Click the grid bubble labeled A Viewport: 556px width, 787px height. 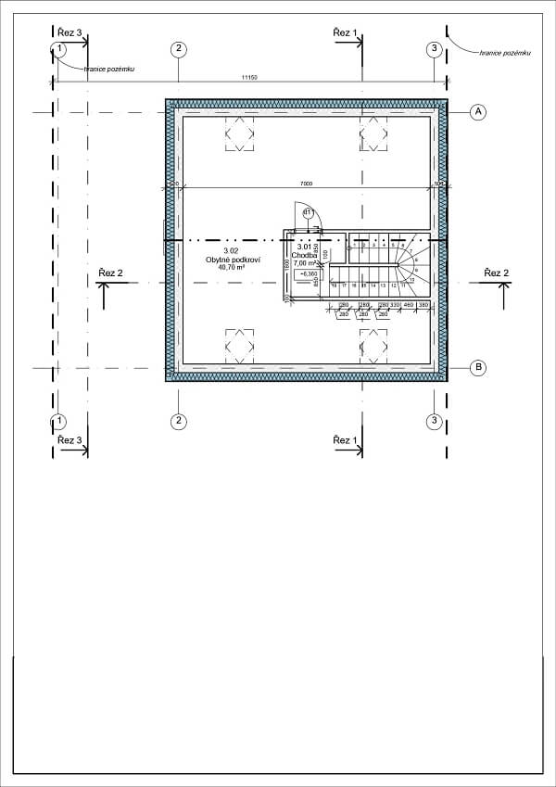click(x=478, y=112)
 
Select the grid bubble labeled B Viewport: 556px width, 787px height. click(x=478, y=368)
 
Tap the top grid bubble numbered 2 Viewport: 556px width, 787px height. click(x=178, y=49)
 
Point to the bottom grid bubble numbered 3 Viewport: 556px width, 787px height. click(x=434, y=422)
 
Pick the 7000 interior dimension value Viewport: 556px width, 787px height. click(x=306, y=184)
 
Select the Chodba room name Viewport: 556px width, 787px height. click(x=305, y=255)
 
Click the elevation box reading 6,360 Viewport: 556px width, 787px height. click(x=307, y=274)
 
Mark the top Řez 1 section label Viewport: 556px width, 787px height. click(x=345, y=32)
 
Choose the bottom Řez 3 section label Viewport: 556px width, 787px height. click(x=69, y=439)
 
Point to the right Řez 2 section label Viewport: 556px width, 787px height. click(x=496, y=273)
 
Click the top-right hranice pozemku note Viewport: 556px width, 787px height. click(x=505, y=54)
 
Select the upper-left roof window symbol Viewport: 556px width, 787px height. click(x=240, y=134)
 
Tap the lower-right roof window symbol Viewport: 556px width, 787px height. click(x=373, y=348)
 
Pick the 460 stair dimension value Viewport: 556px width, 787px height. click(x=408, y=305)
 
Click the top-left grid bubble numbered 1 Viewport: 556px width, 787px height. click(x=60, y=49)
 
